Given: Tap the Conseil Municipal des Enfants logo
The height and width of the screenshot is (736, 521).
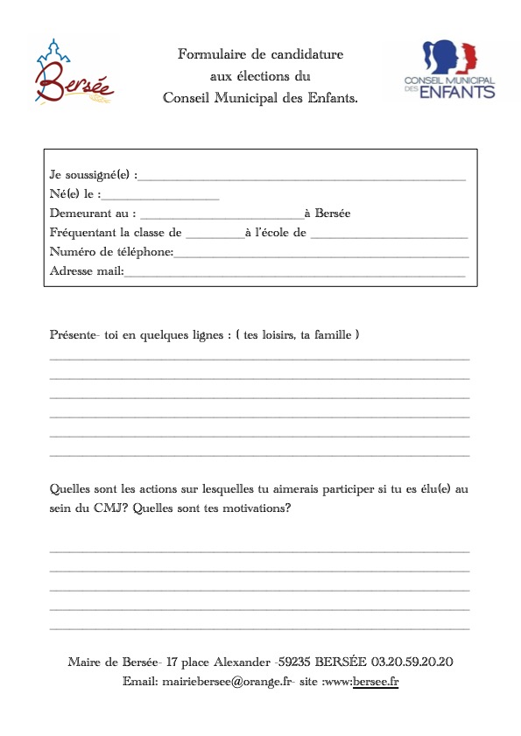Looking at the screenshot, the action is click(x=449, y=69).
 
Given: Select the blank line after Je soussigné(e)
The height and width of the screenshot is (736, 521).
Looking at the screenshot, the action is click(x=302, y=177).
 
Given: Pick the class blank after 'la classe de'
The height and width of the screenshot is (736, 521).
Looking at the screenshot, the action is click(x=215, y=235).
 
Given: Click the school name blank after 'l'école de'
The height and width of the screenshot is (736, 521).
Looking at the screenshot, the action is click(x=389, y=235).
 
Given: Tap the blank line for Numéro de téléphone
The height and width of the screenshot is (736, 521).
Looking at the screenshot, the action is click(x=321, y=255).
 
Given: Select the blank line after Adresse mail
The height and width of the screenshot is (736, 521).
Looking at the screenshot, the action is click(x=294, y=274).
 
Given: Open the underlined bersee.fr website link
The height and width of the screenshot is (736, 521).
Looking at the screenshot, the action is click(x=376, y=681).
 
